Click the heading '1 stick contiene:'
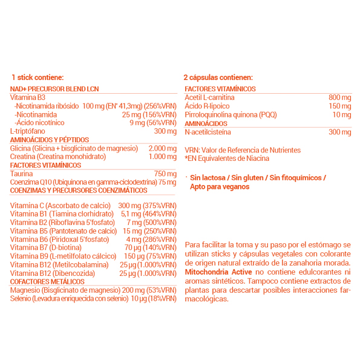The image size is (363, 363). [x=38, y=77]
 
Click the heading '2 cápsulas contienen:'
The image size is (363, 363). [x=218, y=77]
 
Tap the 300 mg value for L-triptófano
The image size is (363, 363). [x=165, y=131]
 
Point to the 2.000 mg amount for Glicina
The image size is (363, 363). [x=162, y=148]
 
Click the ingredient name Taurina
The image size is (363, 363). [x=22, y=174]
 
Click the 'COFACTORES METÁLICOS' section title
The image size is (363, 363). [x=47, y=281]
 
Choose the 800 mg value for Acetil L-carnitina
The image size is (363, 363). [x=339, y=97]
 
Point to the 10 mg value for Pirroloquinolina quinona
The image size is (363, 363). [x=341, y=114]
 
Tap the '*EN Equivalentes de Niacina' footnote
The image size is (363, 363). [x=228, y=158]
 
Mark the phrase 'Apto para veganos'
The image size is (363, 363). [x=220, y=187]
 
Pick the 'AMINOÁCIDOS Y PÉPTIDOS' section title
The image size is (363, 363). [x=46, y=140]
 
